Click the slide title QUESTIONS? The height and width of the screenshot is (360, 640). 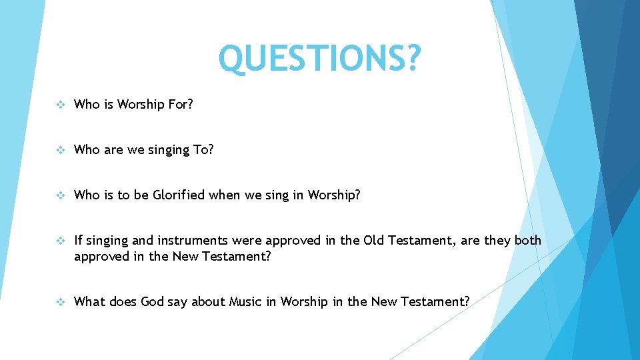[x=320, y=59]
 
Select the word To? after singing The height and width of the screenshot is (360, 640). [x=203, y=150]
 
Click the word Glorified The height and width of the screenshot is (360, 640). [x=179, y=195]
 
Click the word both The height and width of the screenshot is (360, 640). [x=527, y=241]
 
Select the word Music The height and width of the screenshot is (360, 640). [x=245, y=302]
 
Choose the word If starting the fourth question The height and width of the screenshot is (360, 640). [x=78, y=241]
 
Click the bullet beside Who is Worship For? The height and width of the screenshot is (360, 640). [x=60, y=105]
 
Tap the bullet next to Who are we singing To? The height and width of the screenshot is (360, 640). [x=60, y=150]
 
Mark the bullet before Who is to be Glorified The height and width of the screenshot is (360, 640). [x=60, y=195]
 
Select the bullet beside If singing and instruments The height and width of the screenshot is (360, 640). [x=60, y=241]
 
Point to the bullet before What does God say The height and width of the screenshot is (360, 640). [x=60, y=302]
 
